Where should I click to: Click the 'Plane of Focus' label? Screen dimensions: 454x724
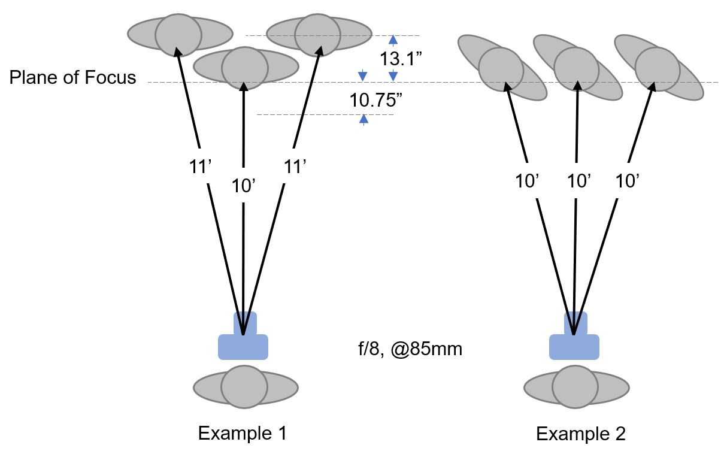tap(72, 78)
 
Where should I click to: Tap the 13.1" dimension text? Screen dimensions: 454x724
tap(398, 59)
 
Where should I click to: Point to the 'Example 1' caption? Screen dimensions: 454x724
tap(242, 433)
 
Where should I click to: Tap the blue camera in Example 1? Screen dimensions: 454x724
tap(243, 340)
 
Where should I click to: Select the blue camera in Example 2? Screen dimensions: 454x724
tap(574, 340)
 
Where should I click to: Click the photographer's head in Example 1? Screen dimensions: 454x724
tap(244, 387)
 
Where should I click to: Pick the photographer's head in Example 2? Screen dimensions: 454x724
tap(574, 388)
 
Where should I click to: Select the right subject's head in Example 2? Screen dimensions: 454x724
tap(657, 68)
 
